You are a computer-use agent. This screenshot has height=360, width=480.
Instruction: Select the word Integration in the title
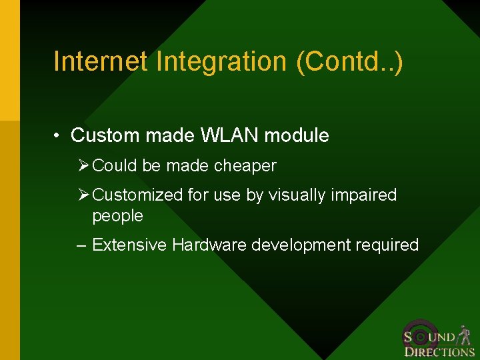[x=222, y=61]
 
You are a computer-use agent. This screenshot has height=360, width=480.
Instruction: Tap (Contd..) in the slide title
[x=349, y=61]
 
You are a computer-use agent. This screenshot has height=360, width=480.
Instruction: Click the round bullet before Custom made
[x=59, y=136]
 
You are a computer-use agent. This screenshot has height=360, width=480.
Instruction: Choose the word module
[x=297, y=135]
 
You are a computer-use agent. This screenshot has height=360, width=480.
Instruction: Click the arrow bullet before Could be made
[x=83, y=165]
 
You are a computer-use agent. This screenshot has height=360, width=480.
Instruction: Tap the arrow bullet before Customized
[x=83, y=195]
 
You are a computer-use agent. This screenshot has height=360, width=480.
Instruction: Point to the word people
[x=117, y=216]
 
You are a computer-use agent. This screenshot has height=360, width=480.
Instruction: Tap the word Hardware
[x=209, y=245]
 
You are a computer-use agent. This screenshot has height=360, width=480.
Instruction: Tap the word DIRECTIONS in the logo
[x=439, y=352]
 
